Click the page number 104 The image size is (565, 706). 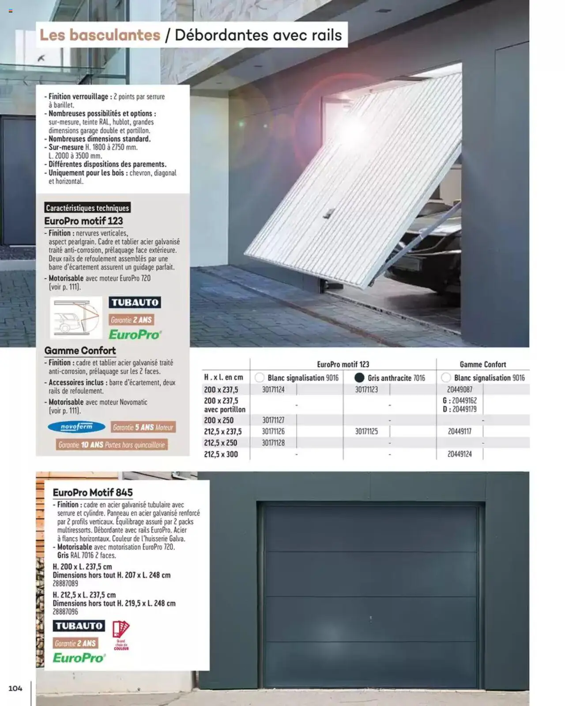[x=15, y=688]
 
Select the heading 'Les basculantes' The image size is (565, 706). [x=100, y=35]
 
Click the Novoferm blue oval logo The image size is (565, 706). [x=76, y=427]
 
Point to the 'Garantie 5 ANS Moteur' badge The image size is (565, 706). [x=143, y=427]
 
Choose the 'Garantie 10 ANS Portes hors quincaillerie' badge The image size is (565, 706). [x=112, y=445]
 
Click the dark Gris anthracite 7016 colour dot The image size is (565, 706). [x=359, y=378]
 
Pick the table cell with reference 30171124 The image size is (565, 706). [x=273, y=390]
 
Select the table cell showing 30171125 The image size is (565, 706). [x=366, y=431]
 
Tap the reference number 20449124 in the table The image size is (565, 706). [x=460, y=454]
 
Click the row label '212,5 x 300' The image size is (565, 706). [x=221, y=454]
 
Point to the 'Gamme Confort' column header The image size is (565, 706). [x=482, y=364]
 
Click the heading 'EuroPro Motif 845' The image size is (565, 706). [x=93, y=492]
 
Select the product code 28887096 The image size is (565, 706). [x=65, y=612]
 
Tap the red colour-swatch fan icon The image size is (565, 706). [x=121, y=629]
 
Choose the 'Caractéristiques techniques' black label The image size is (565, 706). [x=87, y=208]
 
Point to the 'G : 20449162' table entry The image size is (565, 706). [x=460, y=401]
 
